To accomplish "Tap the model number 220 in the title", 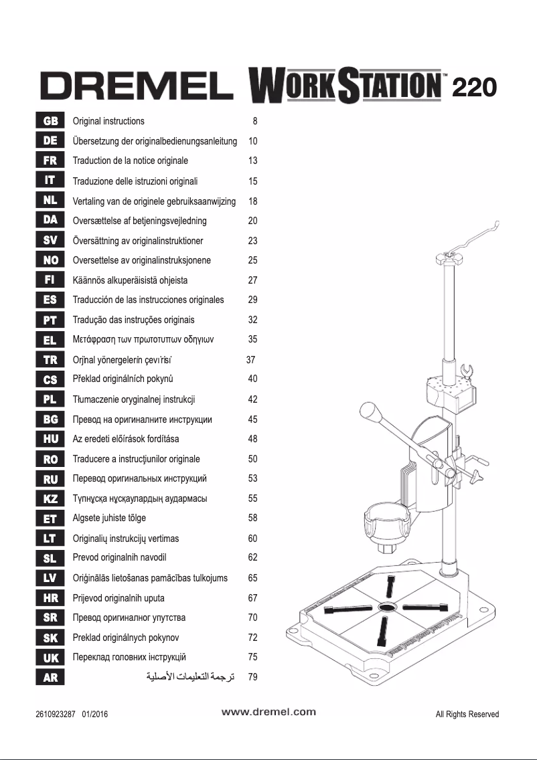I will click(x=473, y=87).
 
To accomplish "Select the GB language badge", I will click(x=50, y=121).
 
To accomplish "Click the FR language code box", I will click(x=50, y=161).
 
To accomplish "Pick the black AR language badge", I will click(x=50, y=677).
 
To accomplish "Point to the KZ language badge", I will click(x=50, y=498).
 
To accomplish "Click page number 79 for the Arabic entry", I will click(x=252, y=677).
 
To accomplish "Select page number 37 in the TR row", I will click(x=251, y=359).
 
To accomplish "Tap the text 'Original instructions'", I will click(x=108, y=121).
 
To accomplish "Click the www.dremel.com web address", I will click(x=268, y=712).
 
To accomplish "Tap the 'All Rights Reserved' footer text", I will click(x=467, y=714).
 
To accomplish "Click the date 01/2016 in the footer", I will click(x=94, y=714).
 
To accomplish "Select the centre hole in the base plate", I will click(x=387, y=607).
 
